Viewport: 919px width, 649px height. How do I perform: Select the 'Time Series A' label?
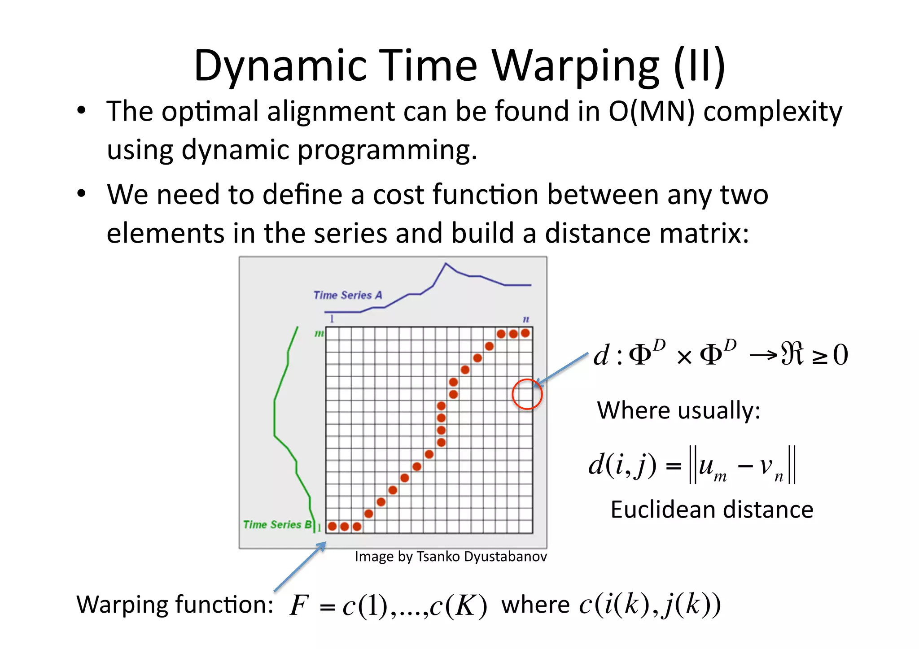pyautogui.click(x=348, y=295)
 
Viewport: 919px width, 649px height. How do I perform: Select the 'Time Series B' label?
pyautogui.click(x=277, y=524)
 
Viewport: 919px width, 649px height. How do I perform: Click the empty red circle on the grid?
pyautogui.click(x=527, y=394)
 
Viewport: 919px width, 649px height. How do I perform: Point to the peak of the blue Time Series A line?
pyautogui.click(x=446, y=264)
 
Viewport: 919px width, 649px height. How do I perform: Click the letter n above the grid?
pyautogui.click(x=526, y=319)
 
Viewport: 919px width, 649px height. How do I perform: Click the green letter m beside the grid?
pyautogui.click(x=319, y=333)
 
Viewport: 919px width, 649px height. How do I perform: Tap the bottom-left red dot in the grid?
pyautogui.click(x=333, y=526)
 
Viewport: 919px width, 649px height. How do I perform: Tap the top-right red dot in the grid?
pyautogui.click(x=525, y=333)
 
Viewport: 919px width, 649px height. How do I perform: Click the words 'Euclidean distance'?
pyautogui.click(x=712, y=510)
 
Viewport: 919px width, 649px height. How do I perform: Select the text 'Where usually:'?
pyautogui.click(x=678, y=410)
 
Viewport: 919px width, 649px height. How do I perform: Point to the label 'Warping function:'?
pyautogui.click(x=175, y=604)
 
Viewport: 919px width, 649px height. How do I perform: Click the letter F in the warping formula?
pyautogui.click(x=299, y=605)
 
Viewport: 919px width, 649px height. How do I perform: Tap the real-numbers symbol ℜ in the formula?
pyautogui.click(x=792, y=354)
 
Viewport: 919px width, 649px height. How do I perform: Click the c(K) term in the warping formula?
pyautogui.click(x=458, y=606)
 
